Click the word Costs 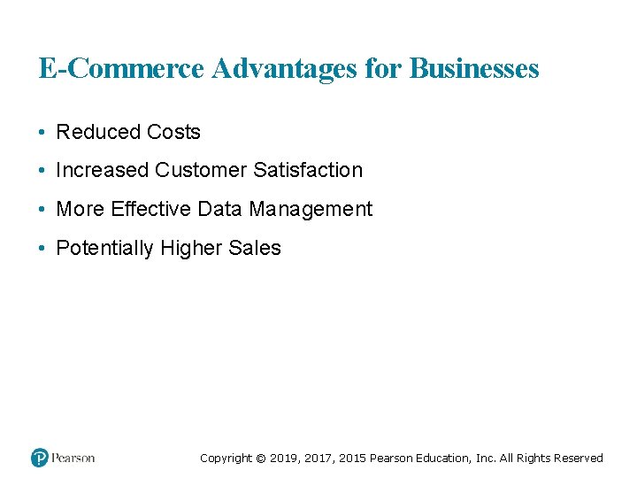tap(173, 132)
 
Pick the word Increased tap(103, 170)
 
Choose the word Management tap(311, 210)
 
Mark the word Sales tap(255, 248)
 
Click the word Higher tap(192, 249)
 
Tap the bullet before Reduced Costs tap(42, 133)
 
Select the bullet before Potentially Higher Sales tap(42, 249)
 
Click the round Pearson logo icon tap(40, 458)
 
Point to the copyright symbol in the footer tap(260, 459)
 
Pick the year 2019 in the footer tap(284, 459)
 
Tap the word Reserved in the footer tap(577, 459)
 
